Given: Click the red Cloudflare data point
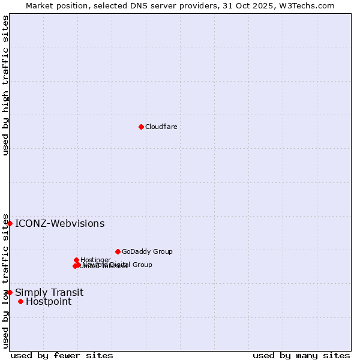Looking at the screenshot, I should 141,127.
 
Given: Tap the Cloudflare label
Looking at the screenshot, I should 161,127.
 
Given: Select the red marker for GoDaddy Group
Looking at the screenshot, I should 118,251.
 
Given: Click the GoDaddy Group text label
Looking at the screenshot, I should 147,251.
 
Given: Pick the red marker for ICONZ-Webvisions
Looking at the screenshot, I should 10,223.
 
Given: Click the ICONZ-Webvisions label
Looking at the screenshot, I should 59,224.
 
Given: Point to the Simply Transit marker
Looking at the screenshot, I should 10,292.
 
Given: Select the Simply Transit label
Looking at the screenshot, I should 49,293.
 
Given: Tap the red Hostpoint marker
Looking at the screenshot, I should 20,301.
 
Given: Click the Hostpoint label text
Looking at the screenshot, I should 49,302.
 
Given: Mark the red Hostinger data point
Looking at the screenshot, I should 76,260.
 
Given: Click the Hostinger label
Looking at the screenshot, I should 95,260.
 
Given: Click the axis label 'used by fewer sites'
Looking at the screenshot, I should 62,356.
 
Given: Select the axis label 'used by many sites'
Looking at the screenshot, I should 301,356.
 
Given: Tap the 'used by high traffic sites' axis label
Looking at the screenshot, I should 6,85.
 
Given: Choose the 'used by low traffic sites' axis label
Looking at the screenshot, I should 6,280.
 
